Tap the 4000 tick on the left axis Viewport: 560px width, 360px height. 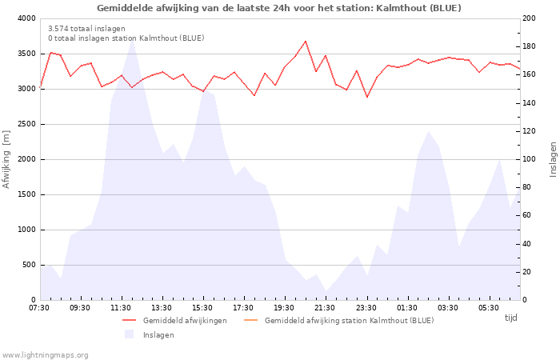click(x=26, y=18)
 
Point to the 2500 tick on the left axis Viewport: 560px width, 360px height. click(x=26, y=124)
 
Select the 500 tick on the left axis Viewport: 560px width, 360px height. click(x=28, y=265)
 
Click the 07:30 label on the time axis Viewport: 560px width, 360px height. click(x=39, y=308)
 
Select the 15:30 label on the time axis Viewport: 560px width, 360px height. click(x=202, y=308)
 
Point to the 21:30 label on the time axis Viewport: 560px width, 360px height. click(x=325, y=308)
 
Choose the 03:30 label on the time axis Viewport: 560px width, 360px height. click(x=447, y=308)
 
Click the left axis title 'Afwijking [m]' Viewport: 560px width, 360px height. click(x=6, y=159)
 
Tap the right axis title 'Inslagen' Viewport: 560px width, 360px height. click(x=553, y=159)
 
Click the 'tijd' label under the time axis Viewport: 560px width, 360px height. click(x=510, y=318)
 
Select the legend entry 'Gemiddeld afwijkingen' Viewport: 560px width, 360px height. click(x=185, y=321)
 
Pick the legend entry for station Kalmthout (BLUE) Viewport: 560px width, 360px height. click(x=349, y=321)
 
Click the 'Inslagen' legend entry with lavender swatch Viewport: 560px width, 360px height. click(x=158, y=335)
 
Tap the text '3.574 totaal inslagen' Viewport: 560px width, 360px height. click(x=86, y=28)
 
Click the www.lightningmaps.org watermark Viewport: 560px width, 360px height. click(x=45, y=355)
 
